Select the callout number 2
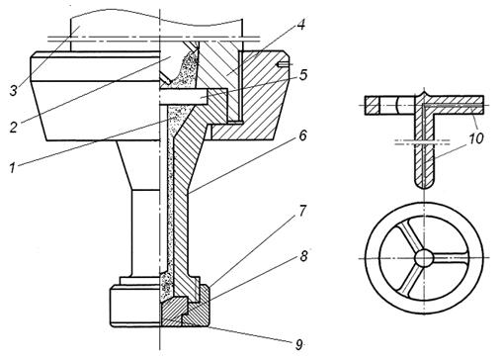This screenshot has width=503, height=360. [x=13, y=127]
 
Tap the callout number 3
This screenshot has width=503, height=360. [x=14, y=90]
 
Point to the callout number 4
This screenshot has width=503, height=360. [x=300, y=25]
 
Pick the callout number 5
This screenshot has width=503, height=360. [x=303, y=75]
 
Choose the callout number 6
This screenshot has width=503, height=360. [x=302, y=135]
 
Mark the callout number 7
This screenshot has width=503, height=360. [x=303, y=211]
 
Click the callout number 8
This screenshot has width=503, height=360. [x=303, y=256]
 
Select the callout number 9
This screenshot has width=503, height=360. [x=298, y=345]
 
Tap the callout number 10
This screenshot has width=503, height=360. [x=476, y=138]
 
